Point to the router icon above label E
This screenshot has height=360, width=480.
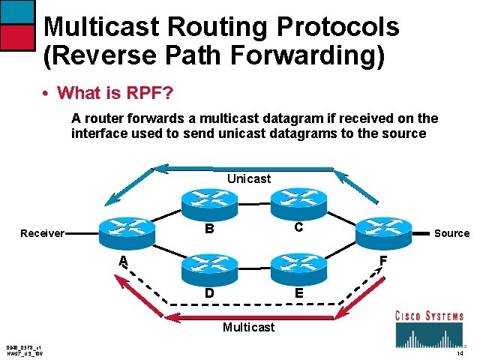click(x=298, y=265)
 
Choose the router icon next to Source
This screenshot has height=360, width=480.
click(x=383, y=230)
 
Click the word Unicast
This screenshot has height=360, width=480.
click(x=249, y=178)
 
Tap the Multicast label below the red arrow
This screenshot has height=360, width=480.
click(x=249, y=327)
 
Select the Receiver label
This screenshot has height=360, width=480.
click(x=42, y=233)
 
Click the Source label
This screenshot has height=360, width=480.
click(x=451, y=233)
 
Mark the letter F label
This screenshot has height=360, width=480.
click(x=382, y=261)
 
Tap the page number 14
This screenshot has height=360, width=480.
click(x=460, y=352)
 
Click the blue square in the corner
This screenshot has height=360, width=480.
click(x=16, y=11)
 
